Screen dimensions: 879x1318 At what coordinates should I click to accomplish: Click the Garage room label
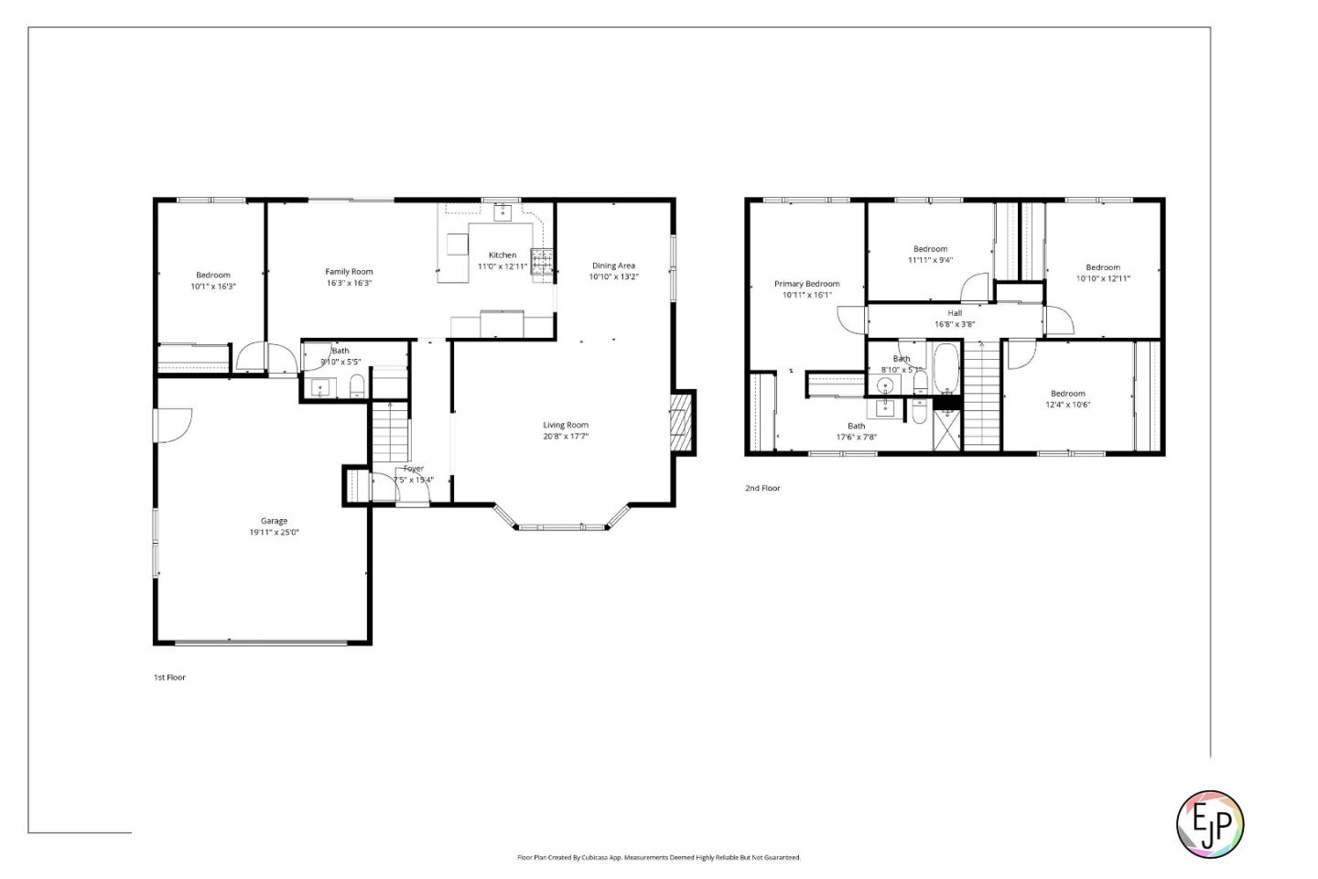274,521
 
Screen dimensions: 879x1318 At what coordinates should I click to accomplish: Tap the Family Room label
349,271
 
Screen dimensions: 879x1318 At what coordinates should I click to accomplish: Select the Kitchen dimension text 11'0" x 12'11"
502,267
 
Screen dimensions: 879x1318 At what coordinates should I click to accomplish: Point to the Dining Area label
613,266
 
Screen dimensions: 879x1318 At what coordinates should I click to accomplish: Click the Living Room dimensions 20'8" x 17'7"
566,437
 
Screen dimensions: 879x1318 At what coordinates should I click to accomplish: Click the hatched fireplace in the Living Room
681,421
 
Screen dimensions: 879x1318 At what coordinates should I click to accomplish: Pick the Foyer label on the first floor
414,469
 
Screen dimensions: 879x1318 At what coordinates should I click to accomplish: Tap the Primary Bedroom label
806,284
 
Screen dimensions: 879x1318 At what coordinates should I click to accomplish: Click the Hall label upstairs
955,313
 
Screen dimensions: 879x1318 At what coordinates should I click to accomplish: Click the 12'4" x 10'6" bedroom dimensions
1068,405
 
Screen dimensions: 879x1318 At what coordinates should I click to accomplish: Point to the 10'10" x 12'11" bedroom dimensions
1103,278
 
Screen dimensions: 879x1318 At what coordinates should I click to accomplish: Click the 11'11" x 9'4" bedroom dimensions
930,260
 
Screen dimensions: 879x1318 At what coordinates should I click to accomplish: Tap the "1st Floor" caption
169,678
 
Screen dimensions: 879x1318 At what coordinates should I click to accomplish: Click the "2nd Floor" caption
762,488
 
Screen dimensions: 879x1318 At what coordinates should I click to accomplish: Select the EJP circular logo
1209,824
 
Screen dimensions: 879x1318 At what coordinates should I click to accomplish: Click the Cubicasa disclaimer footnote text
659,858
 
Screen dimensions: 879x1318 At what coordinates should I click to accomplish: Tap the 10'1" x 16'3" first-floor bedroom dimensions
213,287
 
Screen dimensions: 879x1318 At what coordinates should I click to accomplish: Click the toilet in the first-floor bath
357,386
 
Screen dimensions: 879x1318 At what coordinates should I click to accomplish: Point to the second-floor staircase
981,394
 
